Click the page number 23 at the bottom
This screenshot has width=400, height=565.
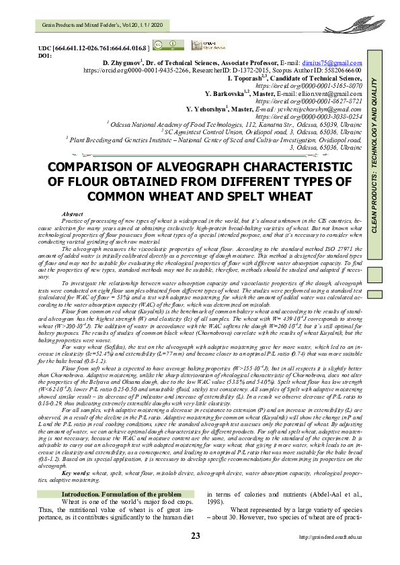click(x=196, y=554)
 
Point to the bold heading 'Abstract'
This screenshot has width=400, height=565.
click(x=72, y=213)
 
